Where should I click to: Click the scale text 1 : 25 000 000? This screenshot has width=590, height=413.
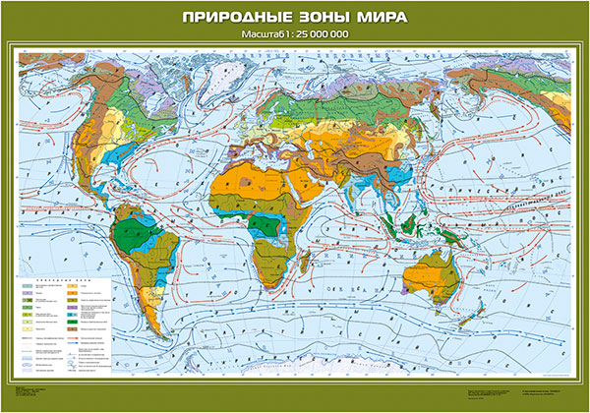pyautogui.click(x=315, y=37)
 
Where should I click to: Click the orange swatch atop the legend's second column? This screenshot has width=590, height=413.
pyautogui.click(x=82, y=285)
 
